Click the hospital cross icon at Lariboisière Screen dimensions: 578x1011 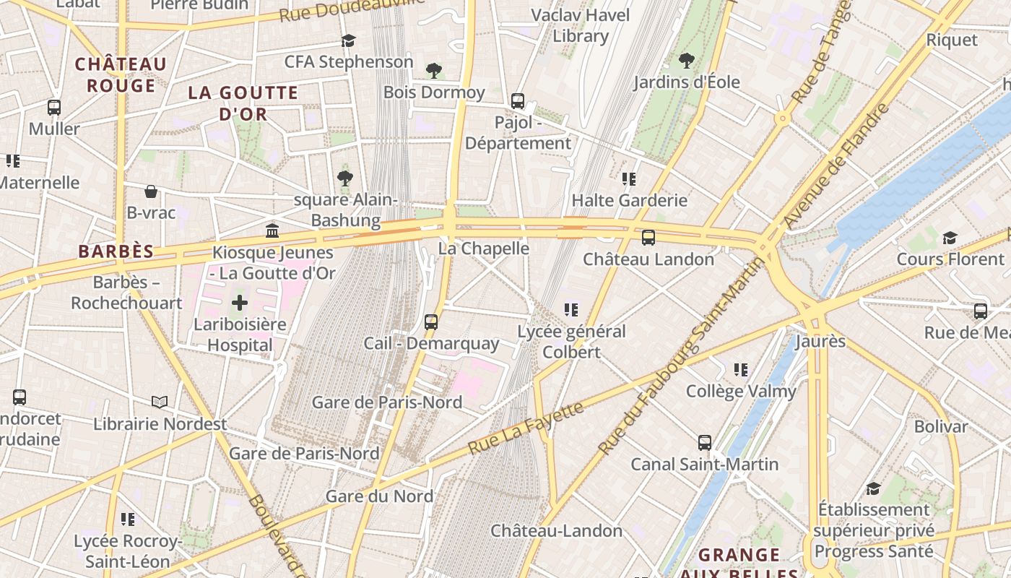[240, 303]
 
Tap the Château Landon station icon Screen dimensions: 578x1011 [648, 238]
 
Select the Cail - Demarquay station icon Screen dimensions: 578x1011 [431, 322]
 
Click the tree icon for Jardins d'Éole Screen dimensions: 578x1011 [687, 61]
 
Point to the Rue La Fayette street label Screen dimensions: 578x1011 [525, 428]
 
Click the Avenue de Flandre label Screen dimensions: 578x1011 [837, 166]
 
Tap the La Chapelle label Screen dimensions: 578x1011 [484, 249]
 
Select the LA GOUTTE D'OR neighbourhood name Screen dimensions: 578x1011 [243, 103]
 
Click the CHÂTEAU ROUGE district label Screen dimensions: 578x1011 [121, 74]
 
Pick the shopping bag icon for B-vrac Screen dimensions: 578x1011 [151, 191]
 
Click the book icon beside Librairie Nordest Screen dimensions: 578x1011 [160, 402]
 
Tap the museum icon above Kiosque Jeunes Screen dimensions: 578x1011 [272, 230]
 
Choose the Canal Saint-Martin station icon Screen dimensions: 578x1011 [705, 443]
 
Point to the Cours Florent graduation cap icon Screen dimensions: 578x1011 [950, 238]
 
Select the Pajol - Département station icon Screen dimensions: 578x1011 [518, 101]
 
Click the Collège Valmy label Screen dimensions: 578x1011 [741, 392]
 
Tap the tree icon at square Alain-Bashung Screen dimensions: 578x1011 [345, 178]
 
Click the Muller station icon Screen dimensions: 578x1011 [54, 108]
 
